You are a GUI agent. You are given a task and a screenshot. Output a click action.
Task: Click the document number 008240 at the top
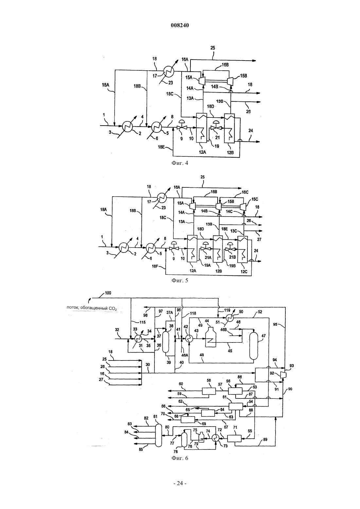point(180,26)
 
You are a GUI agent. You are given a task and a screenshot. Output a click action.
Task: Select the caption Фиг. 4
point(180,163)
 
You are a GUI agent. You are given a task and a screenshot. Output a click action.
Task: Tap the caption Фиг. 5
point(180,280)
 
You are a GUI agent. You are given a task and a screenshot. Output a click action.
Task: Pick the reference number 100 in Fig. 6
point(108,293)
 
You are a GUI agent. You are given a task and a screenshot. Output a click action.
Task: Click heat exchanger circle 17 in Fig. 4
point(169,71)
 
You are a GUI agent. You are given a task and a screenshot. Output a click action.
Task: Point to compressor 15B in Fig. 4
point(230,81)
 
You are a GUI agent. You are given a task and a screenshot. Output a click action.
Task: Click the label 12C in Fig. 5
point(243,271)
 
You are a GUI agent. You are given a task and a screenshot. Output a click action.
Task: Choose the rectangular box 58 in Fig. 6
point(209,391)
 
